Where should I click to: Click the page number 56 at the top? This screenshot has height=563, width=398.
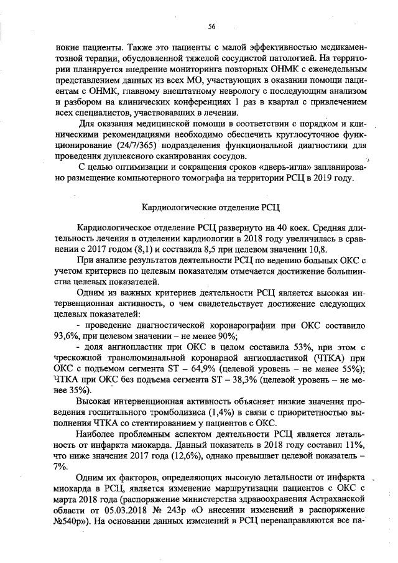pyautogui.click(x=211, y=26)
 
